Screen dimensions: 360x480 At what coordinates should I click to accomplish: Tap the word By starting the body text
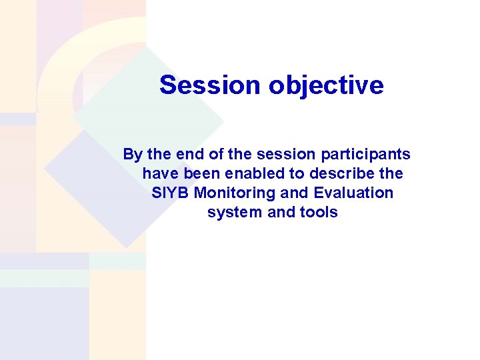point(133,155)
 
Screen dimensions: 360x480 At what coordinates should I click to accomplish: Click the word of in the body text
point(215,155)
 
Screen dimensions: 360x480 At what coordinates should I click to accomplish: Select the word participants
point(366,155)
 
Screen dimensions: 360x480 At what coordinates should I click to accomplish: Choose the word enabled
point(247,174)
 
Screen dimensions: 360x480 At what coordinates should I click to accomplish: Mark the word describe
point(337,174)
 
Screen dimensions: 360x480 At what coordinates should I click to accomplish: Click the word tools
point(319,213)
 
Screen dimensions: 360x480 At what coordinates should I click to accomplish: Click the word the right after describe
point(391,174)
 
